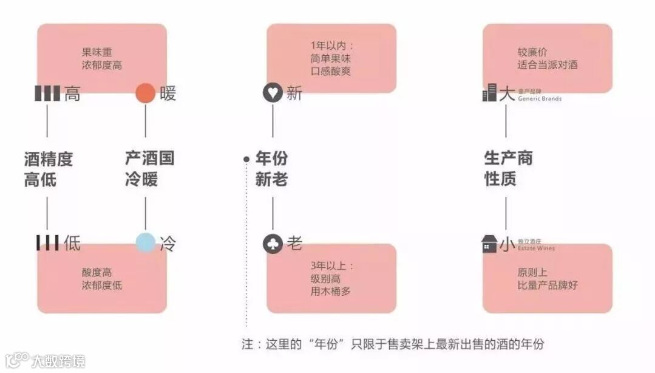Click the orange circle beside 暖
[146, 94]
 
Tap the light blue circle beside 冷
[146, 243]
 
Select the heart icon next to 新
[273, 94]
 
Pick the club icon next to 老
[273, 244]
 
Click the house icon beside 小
[489, 244]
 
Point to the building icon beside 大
[490, 93]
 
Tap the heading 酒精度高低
[49, 169]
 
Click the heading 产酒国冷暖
[149, 169]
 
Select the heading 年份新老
[271, 169]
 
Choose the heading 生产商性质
[508, 169]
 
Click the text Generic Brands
[540, 98]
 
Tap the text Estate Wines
[536, 248]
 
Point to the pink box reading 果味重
[102, 58]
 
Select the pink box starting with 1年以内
[331, 58]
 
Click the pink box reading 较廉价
[547, 58]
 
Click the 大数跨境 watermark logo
[45, 360]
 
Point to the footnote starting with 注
[393, 344]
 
